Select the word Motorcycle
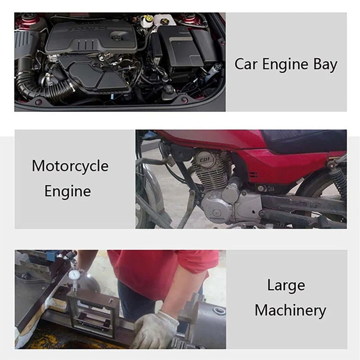coord(70,166)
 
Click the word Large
coord(286,285)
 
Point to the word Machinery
coord(290,310)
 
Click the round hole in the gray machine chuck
coord(219,311)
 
